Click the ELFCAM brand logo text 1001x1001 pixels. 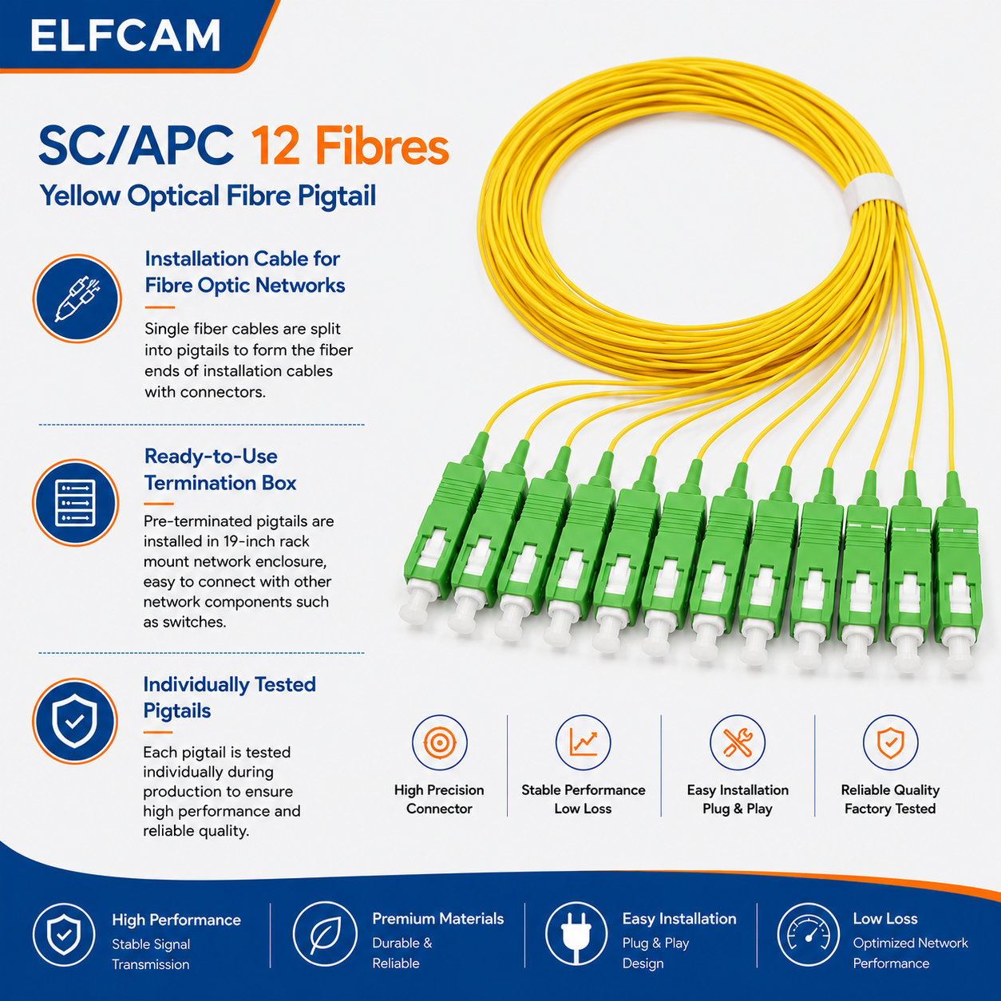125,35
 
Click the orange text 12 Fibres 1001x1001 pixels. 350,147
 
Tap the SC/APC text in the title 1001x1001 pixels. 136,147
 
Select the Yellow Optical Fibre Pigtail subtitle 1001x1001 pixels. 208,196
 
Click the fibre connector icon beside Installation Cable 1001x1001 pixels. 77,299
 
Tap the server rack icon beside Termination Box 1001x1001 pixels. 75,503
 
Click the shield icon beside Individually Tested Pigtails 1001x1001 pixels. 75,721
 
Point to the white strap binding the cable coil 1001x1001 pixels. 873,195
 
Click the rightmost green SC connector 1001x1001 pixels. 957,572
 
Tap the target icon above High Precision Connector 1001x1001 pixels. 440,742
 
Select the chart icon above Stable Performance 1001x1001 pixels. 583,742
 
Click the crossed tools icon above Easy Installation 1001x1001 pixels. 737,742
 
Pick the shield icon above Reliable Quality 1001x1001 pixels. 890,742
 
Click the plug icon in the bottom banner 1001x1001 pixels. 576,933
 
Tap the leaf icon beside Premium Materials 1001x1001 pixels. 325,933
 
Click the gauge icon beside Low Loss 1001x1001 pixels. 809,933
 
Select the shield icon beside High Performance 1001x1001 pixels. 64,935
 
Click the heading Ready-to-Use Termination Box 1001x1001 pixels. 220,469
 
